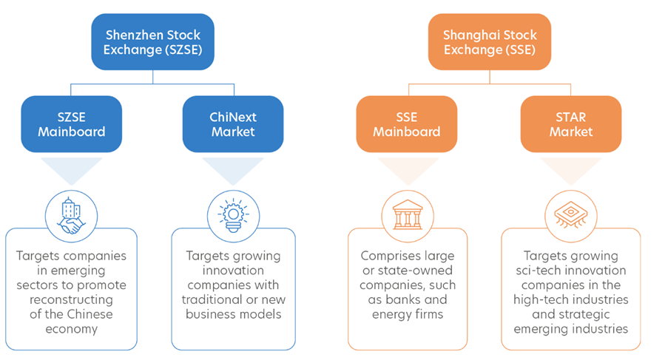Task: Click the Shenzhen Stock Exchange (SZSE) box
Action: pyautogui.click(x=153, y=41)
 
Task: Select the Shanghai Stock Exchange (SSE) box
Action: pyautogui.click(x=490, y=41)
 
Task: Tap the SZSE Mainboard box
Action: pyautogui.click(x=72, y=124)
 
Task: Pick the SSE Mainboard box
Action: pyautogui.click(x=406, y=124)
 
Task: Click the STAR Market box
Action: pyautogui.click(x=571, y=124)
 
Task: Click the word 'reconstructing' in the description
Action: pyautogui.click(x=72, y=299)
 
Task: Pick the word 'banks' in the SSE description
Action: pyautogui.click(x=427, y=299)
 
